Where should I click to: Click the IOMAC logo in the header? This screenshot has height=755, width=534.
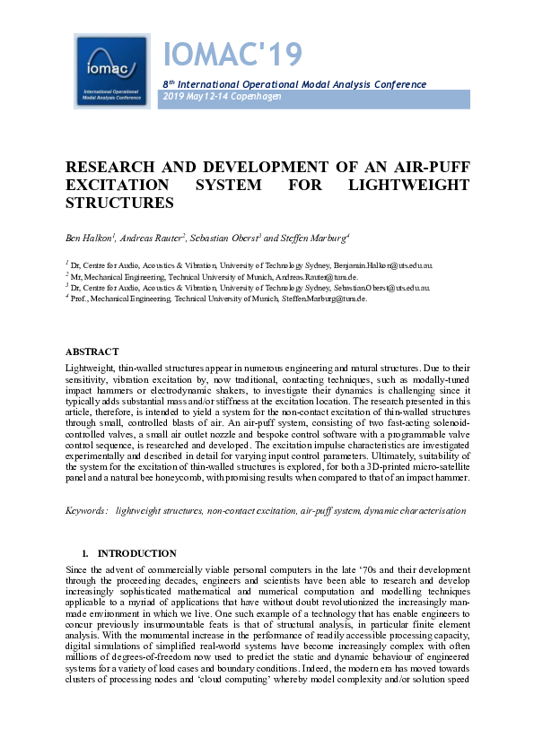pyautogui.click(x=111, y=71)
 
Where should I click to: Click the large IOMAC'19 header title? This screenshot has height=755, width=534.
pyautogui.click(x=232, y=56)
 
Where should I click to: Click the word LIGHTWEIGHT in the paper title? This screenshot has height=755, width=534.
pyautogui.click(x=416, y=186)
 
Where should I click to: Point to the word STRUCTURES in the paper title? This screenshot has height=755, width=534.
pyautogui.click(x=119, y=204)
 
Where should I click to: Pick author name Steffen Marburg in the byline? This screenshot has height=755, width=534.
pyautogui.click(x=314, y=238)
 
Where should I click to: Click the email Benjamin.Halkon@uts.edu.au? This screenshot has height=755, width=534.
pyautogui.click(x=388, y=266)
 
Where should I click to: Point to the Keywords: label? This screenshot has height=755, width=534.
pyautogui.click(x=87, y=510)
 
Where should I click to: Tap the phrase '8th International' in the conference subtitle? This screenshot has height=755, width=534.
pyautogui.click(x=194, y=84)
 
